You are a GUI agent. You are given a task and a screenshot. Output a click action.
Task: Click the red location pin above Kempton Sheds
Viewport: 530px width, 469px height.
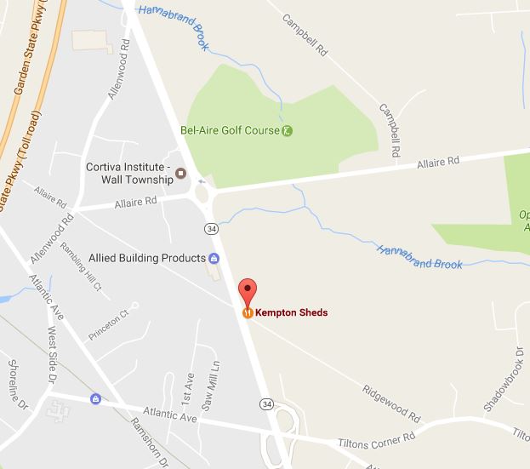(x=247, y=291)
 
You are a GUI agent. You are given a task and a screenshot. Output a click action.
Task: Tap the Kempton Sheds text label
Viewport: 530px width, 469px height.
(x=291, y=312)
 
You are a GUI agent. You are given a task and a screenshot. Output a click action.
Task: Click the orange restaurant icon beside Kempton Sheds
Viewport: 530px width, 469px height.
(x=247, y=312)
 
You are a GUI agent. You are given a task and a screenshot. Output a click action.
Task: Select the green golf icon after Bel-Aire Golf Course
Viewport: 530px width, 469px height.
(x=288, y=131)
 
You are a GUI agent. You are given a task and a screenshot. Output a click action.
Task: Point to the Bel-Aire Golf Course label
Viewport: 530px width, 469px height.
(x=230, y=131)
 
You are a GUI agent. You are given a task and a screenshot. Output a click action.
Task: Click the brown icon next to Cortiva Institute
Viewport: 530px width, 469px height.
(x=180, y=174)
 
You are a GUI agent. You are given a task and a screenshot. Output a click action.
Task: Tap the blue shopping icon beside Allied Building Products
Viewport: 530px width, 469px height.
(x=214, y=258)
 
